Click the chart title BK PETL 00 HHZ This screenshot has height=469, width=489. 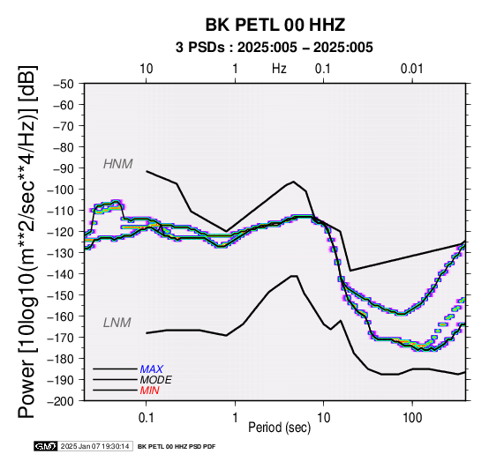tap(275, 25)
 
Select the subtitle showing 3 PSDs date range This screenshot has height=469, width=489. tap(275, 48)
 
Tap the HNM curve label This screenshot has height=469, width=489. tap(118, 164)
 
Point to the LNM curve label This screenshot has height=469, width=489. tap(117, 323)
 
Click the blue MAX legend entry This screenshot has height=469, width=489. tap(151, 369)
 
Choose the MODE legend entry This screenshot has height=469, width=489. tap(155, 380)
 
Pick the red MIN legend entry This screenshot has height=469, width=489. tap(149, 391)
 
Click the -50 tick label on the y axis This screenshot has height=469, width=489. tap(64, 84)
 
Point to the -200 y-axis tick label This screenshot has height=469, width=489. tap(61, 401)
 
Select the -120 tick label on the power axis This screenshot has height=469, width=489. tap(61, 232)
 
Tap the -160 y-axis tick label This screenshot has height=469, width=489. tap(61, 316)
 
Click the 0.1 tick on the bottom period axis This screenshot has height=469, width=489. tap(146, 418)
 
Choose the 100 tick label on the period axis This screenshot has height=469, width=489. tap(412, 418)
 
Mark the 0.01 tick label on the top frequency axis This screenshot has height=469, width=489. tap(412, 69)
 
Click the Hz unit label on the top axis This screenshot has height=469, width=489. tap(279, 69)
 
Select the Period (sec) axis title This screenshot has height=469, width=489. tap(280, 428)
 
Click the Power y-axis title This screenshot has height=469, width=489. tap(27, 242)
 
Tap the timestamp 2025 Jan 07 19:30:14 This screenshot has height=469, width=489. tap(94, 447)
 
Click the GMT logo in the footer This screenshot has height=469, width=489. tap(46, 446)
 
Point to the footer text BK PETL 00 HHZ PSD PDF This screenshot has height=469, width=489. tap(177, 447)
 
